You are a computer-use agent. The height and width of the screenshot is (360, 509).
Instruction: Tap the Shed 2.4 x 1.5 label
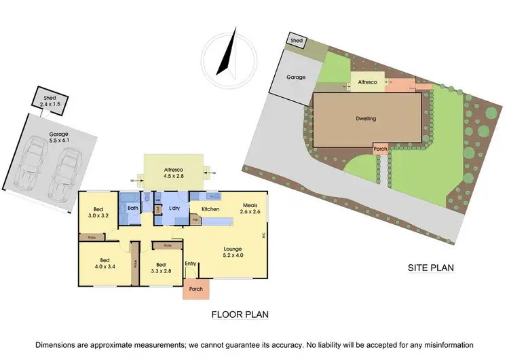[50, 101]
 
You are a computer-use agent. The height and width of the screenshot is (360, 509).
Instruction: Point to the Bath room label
[132, 209]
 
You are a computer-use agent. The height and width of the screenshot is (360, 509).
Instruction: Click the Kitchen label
[210, 209]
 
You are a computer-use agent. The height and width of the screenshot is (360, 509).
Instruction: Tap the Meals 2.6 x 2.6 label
[249, 209]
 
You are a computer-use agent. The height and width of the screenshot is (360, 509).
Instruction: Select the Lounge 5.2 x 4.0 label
[233, 252]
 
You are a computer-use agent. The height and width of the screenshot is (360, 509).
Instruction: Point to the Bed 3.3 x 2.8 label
[161, 268]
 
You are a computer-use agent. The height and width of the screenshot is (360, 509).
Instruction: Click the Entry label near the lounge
[191, 264]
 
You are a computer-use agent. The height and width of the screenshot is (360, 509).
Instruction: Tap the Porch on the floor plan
[196, 289]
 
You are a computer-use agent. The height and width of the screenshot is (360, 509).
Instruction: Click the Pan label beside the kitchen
[195, 220]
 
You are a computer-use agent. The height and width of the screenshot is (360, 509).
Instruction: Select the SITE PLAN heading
[430, 268]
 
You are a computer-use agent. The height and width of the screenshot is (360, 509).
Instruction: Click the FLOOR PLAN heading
[240, 314]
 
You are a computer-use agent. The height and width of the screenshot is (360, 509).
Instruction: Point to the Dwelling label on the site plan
[366, 119]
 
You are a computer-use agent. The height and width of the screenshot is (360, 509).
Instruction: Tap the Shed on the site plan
[297, 41]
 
